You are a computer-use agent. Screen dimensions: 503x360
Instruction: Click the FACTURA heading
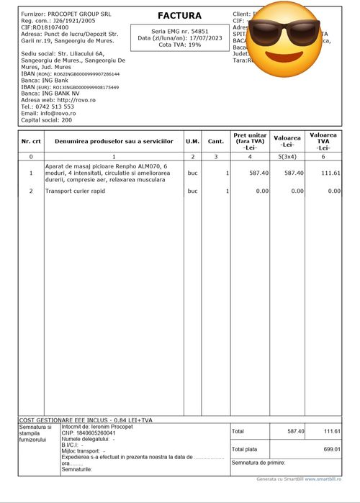(179, 16)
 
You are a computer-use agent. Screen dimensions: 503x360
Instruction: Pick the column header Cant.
(216, 141)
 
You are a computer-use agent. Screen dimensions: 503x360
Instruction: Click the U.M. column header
(193, 141)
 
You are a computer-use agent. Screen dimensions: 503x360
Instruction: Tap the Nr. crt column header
(31, 141)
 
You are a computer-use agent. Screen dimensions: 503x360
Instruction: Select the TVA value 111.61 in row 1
(330, 173)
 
